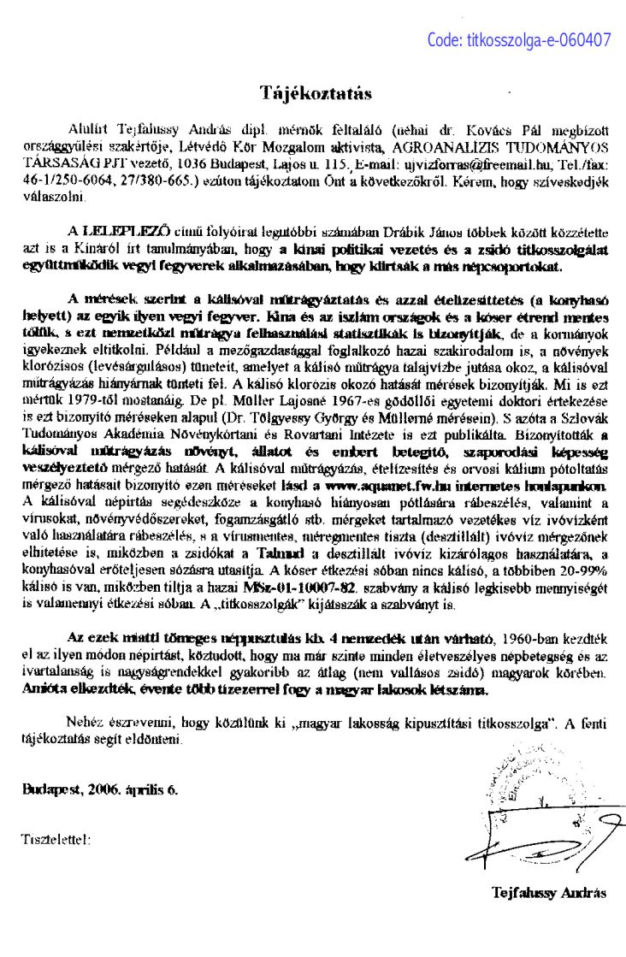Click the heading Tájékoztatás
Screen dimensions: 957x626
pyautogui.click(x=316, y=92)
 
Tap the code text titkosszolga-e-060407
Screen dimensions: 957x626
pyautogui.click(x=519, y=39)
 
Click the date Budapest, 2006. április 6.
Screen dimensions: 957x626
pyautogui.click(x=100, y=790)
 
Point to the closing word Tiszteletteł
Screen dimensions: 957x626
pyautogui.click(x=54, y=839)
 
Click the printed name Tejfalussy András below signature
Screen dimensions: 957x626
pyautogui.click(x=548, y=893)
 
